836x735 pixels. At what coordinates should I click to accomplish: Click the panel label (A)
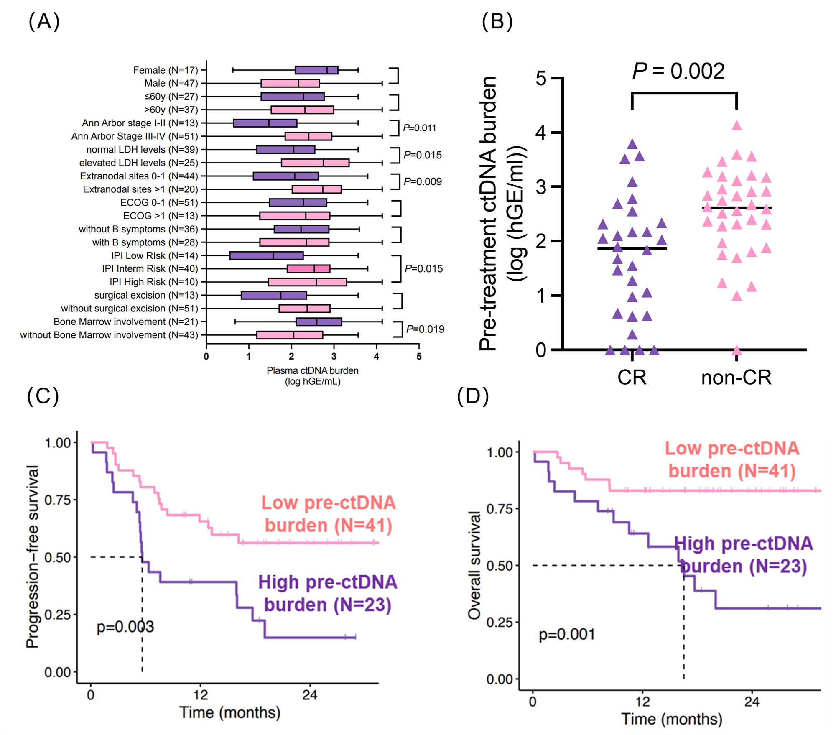[44, 21]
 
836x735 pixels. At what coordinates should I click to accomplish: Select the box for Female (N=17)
[316, 70]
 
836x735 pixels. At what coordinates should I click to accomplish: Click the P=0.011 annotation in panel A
[419, 128]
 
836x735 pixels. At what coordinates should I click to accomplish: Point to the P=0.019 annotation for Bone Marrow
[425, 329]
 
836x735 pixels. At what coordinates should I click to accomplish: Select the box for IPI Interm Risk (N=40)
[308, 268]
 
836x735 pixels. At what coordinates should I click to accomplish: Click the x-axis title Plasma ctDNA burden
[312, 370]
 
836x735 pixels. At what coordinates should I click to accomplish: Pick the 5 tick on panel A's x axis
[419, 357]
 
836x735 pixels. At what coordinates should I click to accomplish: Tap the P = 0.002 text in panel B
[678, 71]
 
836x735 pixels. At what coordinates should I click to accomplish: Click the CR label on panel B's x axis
[632, 378]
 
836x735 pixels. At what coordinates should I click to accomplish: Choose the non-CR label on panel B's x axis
[736, 378]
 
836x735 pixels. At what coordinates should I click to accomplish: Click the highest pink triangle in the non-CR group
[737, 125]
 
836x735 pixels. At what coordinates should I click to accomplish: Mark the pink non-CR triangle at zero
[737, 350]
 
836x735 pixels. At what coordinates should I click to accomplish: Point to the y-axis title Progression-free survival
[32, 556]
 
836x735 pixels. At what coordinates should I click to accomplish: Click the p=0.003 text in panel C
[125, 627]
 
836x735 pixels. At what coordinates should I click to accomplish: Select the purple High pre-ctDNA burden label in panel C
[327, 594]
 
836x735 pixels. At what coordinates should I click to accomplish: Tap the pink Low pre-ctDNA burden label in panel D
[732, 459]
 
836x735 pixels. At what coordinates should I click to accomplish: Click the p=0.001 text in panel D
[566, 635]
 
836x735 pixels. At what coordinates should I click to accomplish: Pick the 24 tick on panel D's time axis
[751, 701]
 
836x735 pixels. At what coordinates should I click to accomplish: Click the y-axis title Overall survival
[474, 564]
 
